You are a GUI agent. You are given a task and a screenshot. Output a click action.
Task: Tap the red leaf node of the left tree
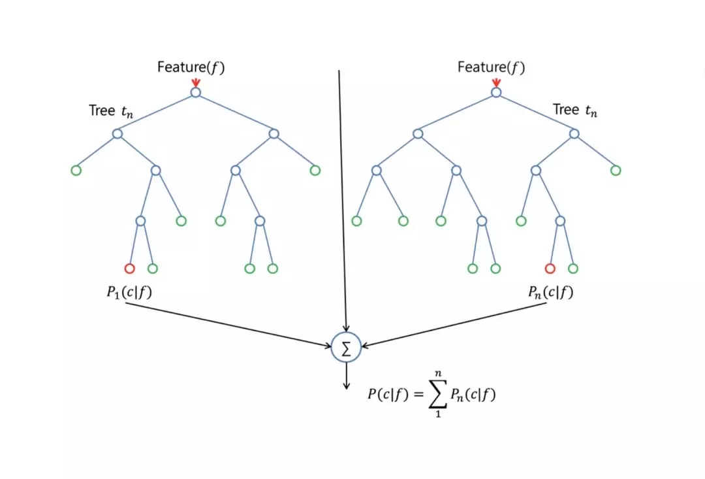coord(129,263)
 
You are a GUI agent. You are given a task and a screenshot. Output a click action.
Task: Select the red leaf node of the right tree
coord(550,263)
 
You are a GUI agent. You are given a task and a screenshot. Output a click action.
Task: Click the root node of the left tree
coord(196,88)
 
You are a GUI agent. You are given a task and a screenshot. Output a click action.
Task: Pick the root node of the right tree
coord(496,88)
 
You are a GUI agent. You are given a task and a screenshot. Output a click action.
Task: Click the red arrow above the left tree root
coord(196,82)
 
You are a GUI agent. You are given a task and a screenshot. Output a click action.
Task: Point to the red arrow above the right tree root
coord(496,82)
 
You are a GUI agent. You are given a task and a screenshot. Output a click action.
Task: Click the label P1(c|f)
coord(129,292)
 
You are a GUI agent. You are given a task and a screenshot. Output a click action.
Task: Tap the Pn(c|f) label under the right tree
coord(551,292)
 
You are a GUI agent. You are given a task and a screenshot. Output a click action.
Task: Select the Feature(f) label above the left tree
coord(191,67)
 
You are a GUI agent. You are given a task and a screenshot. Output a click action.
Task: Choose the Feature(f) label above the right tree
coord(492,67)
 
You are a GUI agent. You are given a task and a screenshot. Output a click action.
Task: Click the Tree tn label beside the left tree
coord(111,110)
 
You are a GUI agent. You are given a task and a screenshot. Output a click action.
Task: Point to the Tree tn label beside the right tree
coord(575,110)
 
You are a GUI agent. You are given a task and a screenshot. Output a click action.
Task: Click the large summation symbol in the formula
coord(438,394)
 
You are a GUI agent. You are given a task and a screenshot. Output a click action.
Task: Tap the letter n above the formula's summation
coord(439,373)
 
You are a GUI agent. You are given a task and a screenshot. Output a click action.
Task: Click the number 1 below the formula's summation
coord(438,414)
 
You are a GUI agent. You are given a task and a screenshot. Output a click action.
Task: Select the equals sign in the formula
coord(418,395)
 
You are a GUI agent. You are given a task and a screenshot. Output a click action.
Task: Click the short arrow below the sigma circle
coord(346,376)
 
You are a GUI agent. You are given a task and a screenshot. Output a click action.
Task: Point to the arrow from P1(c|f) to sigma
coord(228,325)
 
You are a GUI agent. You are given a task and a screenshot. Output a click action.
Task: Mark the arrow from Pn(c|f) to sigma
coord(454,325)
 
